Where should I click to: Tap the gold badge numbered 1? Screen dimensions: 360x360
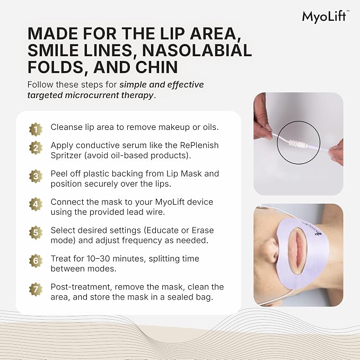[x=36, y=129]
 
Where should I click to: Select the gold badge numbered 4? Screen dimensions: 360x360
[x=36, y=204]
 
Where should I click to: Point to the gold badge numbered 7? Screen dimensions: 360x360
[x=36, y=289]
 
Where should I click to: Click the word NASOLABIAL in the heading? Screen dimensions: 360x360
[x=197, y=50]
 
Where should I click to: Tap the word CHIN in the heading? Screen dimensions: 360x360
[x=156, y=67]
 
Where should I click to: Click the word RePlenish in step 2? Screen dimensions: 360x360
[x=199, y=145]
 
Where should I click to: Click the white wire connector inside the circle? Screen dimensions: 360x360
[x=298, y=144]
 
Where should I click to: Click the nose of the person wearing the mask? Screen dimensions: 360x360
[x=270, y=251]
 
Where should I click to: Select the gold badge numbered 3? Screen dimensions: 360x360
[x=36, y=176]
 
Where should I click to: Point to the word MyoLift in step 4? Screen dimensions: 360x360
[x=170, y=202]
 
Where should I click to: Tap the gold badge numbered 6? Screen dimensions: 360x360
[x=36, y=261]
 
